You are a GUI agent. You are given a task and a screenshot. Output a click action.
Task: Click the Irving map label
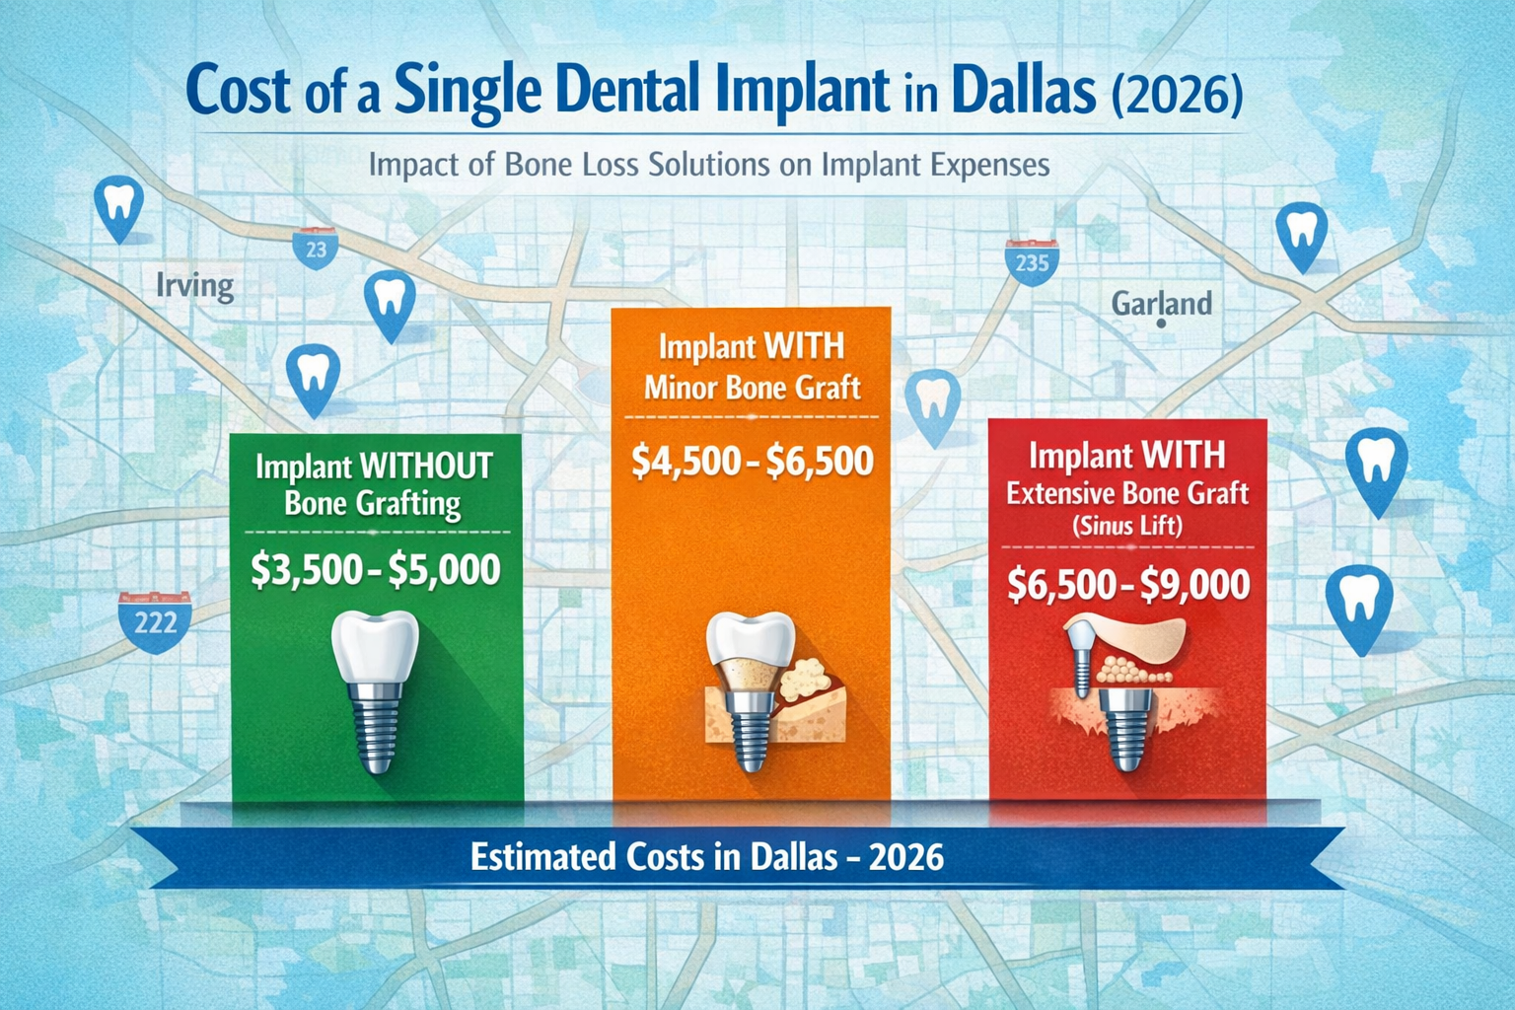(195, 287)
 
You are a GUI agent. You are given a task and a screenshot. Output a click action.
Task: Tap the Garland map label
(1161, 303)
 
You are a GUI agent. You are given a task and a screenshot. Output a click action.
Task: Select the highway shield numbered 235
(1032, 261)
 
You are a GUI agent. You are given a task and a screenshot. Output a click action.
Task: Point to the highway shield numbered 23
(316, 249)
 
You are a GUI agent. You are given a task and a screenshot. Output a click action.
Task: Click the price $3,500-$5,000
(375, 570)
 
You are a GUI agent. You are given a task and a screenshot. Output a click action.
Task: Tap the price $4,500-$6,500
(752, 462)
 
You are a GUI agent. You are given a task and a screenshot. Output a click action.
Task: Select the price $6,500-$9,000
(1128, 585)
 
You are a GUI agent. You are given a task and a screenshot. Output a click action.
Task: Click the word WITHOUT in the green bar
(426, 467)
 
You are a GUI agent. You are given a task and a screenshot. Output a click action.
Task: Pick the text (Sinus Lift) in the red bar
(1127, 525)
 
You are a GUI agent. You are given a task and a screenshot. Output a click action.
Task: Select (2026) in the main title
(1177, 94)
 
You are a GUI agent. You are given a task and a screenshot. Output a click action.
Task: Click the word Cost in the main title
(238, 91)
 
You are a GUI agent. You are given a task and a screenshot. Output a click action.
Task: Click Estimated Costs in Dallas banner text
(706, 856)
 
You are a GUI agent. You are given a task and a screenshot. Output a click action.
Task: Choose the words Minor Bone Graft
(752, 388)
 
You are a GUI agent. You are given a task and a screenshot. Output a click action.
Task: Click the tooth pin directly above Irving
(117, 207)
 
